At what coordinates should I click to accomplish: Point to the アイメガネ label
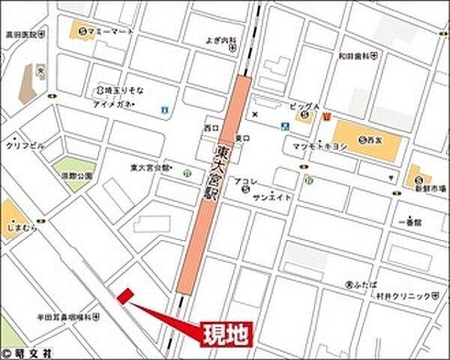(x=113, y=104)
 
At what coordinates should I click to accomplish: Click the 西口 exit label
(x=210, y=129)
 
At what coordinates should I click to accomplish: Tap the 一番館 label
(x=413, y=223)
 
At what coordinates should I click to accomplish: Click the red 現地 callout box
(x=226, y=334)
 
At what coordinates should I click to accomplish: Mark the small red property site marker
(x=124, y=297)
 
